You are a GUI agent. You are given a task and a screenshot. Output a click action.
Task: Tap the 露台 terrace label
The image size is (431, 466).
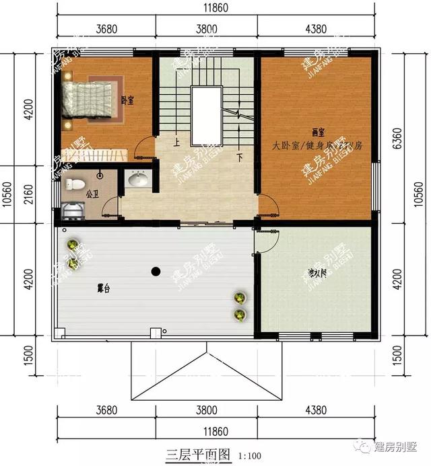(x=104, y=288)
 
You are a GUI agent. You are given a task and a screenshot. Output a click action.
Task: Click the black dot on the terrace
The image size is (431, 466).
(x=156, y=272)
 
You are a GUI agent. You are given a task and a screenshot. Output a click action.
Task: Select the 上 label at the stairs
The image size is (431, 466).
(x=176, y=143)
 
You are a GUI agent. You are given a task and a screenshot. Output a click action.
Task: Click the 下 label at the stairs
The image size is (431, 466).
(x=239, y=159)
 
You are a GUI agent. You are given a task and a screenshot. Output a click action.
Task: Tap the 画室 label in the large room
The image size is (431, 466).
(x=315, y=133)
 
